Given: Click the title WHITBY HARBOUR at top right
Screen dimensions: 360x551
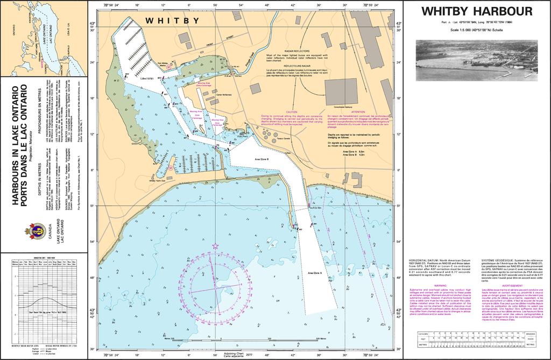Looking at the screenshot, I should [x=477, y=11].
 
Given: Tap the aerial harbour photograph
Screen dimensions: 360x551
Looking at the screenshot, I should [x=477, y=60].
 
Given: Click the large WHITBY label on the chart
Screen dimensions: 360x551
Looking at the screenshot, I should [x=173, y=21].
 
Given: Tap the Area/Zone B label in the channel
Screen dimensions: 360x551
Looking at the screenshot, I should [x=262, y=159].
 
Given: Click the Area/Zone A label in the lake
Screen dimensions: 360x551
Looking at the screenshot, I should [x=315, y=273].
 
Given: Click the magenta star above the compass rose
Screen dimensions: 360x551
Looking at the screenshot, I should [x=215, y=246].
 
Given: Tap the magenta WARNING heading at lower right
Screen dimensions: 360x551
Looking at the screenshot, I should [x=440, y=286].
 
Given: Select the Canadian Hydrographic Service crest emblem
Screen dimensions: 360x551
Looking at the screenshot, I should [x=34, y=231].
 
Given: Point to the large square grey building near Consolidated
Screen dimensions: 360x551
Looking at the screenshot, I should [x=341, y=91].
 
